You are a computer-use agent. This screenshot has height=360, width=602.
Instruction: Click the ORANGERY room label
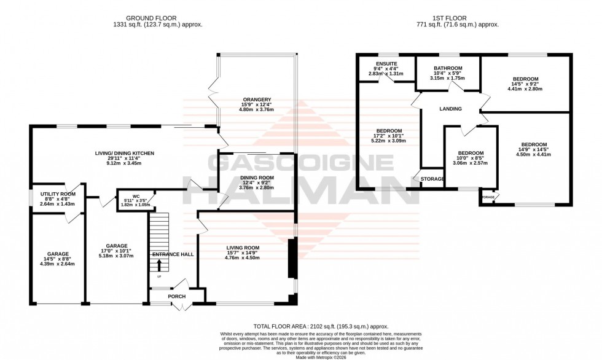click(256, 100)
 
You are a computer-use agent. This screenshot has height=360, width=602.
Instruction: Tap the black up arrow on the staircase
click(160, 265)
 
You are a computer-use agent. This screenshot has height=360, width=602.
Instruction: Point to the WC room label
click(136, 197)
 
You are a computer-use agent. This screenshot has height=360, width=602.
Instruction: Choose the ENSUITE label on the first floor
click(387, 63)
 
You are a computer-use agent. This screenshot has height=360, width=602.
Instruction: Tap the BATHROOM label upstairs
click(447, 68)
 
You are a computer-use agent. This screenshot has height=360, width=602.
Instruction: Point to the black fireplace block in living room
click(292, 258)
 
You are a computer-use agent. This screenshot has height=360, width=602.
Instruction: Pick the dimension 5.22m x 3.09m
click(389, 141)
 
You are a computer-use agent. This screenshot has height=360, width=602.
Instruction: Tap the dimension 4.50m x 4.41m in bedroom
click(533, 154)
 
